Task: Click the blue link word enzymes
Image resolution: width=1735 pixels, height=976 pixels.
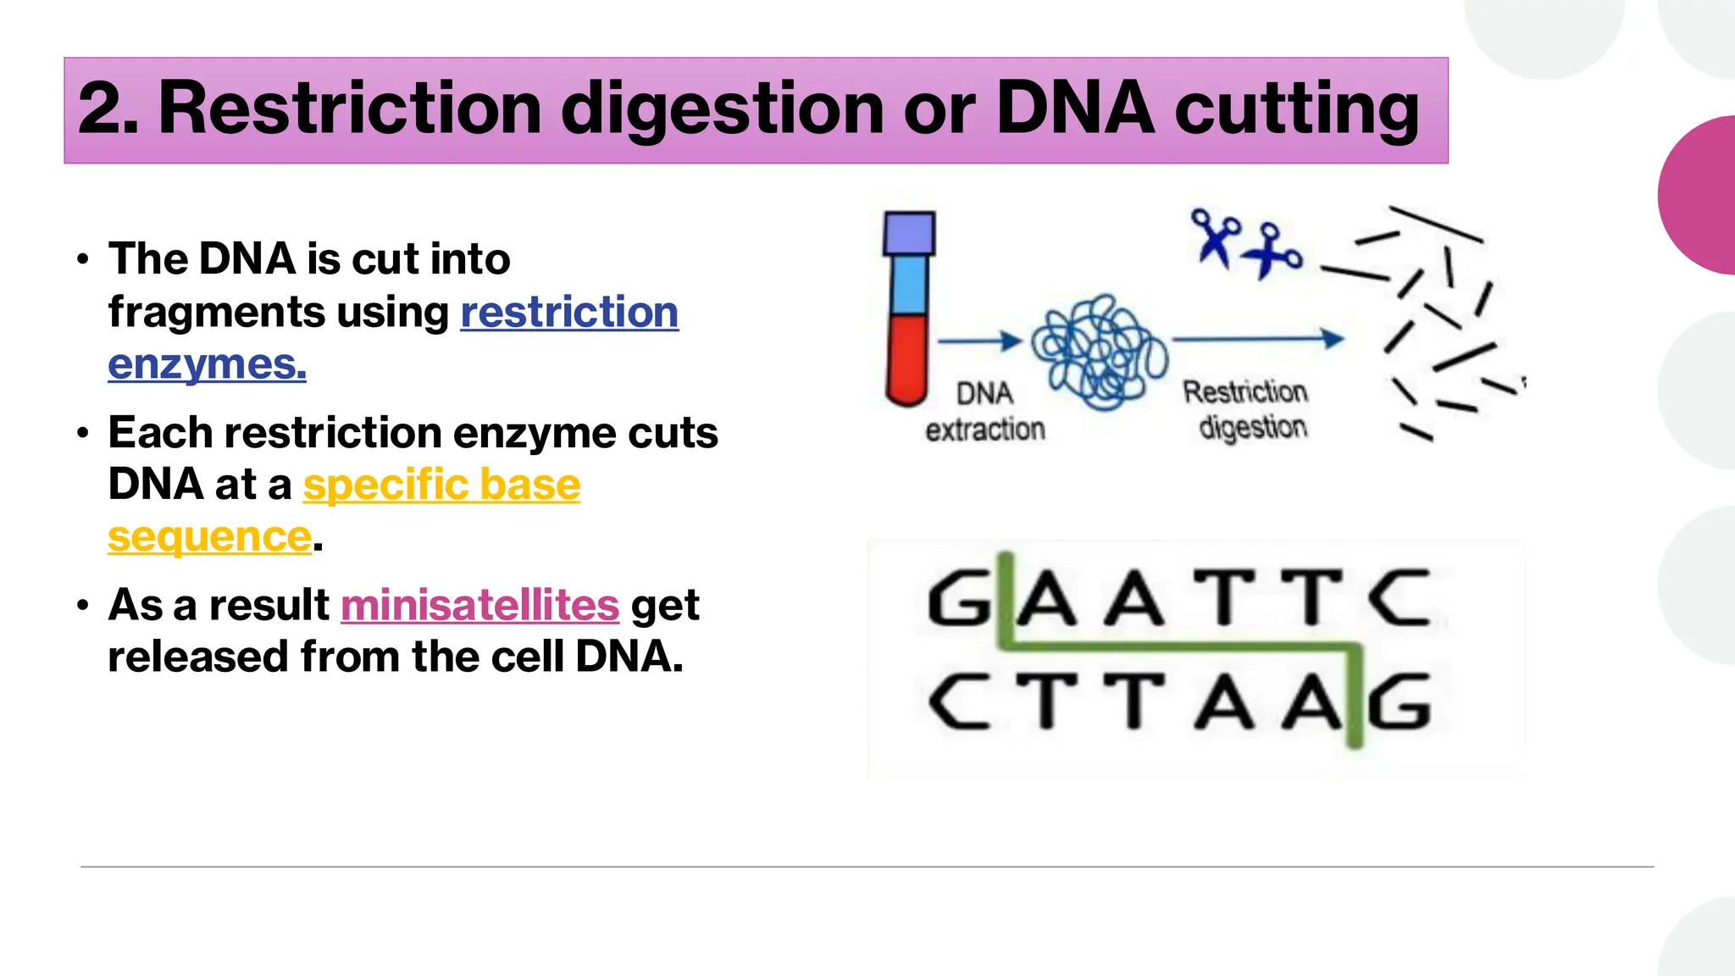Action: (207, 364)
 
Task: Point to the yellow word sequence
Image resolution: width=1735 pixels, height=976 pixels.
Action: (209, 537)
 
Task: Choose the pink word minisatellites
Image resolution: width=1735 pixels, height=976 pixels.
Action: (479, 605)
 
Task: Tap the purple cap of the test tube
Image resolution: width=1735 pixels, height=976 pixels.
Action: (909, 233)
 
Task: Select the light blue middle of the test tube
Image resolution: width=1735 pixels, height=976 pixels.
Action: (908, 285)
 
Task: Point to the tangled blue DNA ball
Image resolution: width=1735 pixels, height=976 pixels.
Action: (1099, 352)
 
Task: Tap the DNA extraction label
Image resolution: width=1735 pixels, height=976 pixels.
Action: (984, 412)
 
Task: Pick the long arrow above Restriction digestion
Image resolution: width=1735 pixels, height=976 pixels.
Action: (1257, 339)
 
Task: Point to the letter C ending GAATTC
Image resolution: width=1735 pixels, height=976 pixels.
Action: (1400, 598)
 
